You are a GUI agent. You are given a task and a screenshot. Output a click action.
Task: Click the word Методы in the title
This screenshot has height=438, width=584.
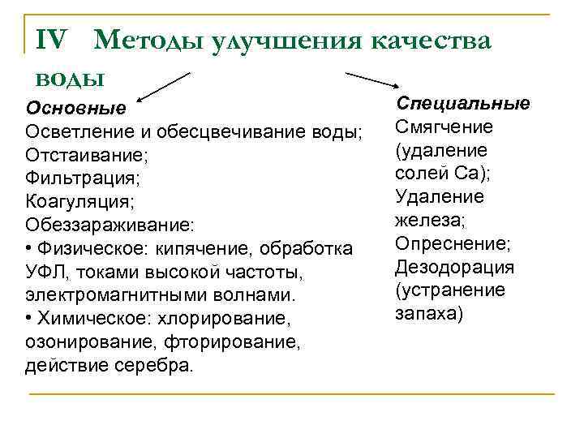pos(148,41)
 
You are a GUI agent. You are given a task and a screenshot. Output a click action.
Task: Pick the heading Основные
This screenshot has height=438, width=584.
pos(76,108)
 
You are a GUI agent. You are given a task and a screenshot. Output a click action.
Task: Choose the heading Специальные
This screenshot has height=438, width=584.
pos(462,104)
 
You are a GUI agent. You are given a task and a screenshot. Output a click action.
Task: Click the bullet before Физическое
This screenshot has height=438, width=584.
pos(30,247)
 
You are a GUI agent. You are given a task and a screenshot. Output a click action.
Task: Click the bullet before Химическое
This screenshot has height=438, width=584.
pos(30,317)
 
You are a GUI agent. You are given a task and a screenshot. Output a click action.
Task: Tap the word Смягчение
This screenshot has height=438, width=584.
pos(444,127)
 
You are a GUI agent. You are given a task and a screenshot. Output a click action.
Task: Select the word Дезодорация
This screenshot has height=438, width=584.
pos(454,268)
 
